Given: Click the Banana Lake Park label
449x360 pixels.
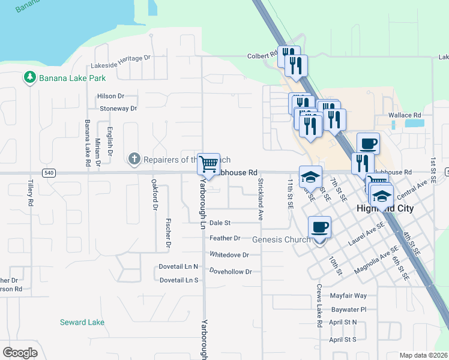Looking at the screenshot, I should pos(72,78).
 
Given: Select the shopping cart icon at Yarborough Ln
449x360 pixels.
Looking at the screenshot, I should pos(208,163).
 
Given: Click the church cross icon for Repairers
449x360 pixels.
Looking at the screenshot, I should pos(134,159).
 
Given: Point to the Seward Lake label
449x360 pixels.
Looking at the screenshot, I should pos(82,322).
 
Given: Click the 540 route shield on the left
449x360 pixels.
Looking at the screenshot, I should pos(49,173).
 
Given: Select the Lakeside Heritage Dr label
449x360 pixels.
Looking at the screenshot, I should pos(120,58).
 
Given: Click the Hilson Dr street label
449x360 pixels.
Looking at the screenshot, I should pos(110,96).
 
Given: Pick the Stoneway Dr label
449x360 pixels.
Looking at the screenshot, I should pos(118,109).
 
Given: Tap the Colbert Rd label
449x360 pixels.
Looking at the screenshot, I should pos(261,56).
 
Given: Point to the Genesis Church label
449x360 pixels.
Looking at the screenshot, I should pos(282,239).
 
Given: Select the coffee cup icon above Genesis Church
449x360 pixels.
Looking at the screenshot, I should pos(319,228).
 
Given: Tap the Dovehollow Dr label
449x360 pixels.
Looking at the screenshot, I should pos(230,272).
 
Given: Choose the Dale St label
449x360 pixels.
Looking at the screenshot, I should pos(220,223).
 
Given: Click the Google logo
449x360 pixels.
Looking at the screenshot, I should pos(20,353).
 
